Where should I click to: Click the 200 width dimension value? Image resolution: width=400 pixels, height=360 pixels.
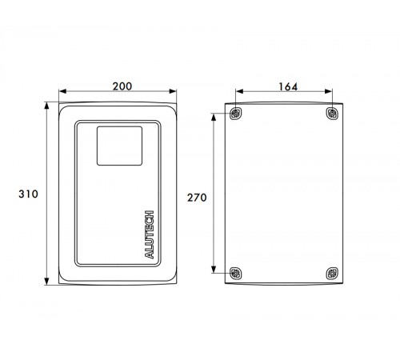[122, 86]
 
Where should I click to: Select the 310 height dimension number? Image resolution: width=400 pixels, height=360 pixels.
[28, 194]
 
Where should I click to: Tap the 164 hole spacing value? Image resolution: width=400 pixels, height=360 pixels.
[288, 86]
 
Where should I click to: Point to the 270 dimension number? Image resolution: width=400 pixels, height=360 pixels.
[197, 198]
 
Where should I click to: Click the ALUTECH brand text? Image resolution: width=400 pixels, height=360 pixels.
[150, 234]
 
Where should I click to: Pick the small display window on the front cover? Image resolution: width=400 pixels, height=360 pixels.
[119, 146]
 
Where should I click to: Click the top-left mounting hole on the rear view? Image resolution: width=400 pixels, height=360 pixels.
[236, 114]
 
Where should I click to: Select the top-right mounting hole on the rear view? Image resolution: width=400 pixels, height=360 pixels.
[332, 114]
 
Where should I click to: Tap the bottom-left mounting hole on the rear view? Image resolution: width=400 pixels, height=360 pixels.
[236, 274]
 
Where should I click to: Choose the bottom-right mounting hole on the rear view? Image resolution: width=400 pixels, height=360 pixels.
[332, 274]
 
